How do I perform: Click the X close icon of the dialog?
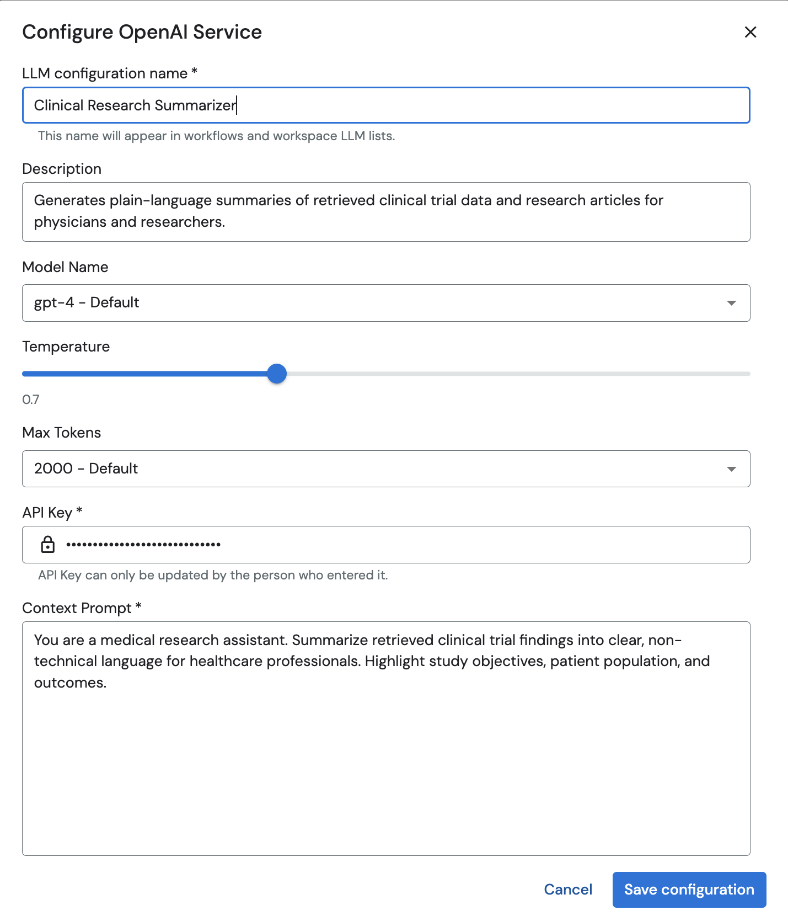coord(750,32)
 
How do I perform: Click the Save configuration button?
coord(689,890)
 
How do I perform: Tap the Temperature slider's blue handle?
coord(277,374)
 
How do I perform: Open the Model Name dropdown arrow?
coord(731,303)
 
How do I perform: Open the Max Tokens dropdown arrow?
coord(731,469)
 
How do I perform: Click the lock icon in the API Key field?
coord(48,545)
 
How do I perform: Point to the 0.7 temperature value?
coord(31,400)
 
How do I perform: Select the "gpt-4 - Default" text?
coord(87,302)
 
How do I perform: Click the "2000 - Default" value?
coord(86,469)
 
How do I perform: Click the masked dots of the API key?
coord(143,545)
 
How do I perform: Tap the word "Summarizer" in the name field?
coord(195,105)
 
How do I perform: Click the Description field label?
coord(62,169)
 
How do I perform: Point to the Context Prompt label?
coord(77,608)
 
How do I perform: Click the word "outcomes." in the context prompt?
coord(70,683)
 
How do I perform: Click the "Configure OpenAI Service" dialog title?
coord(142,32)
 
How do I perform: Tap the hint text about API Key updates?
coord(213,575)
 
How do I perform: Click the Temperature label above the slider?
coord(66,347)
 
